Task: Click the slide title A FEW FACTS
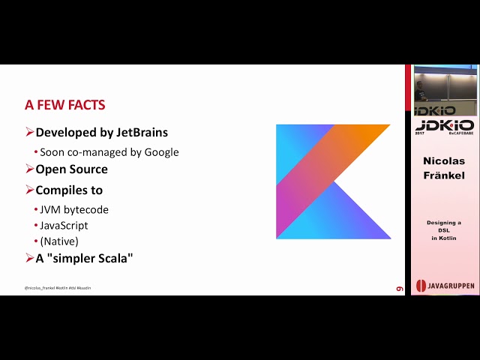click(65, 105)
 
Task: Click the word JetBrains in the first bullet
click(142, 133)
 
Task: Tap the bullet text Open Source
click(71, 169)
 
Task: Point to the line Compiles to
click(69, 190)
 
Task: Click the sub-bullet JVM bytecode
click(73, 209)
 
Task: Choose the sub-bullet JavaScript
click(64, 225)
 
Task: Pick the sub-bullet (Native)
click(58, 241)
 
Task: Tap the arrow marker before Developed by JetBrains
click(29, 133)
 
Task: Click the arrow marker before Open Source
click(29, 169)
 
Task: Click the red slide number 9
click(400, 288)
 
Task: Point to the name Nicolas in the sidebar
click(444, 161)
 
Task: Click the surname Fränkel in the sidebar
click(444, 175)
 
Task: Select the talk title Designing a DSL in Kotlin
click(444, 230)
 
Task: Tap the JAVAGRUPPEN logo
click(445, 286)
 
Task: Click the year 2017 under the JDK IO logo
click(420, 133)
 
